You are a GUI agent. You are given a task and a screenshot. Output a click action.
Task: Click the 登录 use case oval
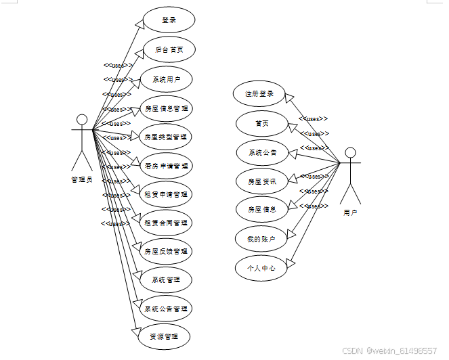pyautogui.click(x=169, y=20)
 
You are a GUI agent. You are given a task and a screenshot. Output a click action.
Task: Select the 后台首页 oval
pyautogui.click(x=169, y=49)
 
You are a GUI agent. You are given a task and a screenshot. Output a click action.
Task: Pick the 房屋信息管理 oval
pyautogui.click(x=166, y=108)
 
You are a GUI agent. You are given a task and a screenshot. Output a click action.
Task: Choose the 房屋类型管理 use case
pyautogui.click(x=166, y=136)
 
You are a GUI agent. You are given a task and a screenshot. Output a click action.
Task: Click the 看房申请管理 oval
pyautogui.click(x=166, y=165)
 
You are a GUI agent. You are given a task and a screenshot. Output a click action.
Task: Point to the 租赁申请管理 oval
pyautogui.click(x=166, y=194)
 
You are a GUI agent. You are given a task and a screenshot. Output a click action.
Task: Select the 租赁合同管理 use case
pyautogui.click(x=166, y=223)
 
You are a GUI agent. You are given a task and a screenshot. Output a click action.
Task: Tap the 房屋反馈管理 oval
pyautogui.click(x=166, y=251)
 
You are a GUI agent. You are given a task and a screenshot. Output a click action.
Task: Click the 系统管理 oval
pyautogui.click(x=166, y=279)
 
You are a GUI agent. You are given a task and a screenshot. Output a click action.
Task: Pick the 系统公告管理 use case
pyautogui.click(x=166, y=309)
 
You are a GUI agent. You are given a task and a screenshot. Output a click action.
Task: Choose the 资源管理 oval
pyautogui.click(x=161, y=336)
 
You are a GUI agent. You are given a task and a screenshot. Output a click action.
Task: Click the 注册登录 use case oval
pyautogui.click(x=259, y=93)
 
